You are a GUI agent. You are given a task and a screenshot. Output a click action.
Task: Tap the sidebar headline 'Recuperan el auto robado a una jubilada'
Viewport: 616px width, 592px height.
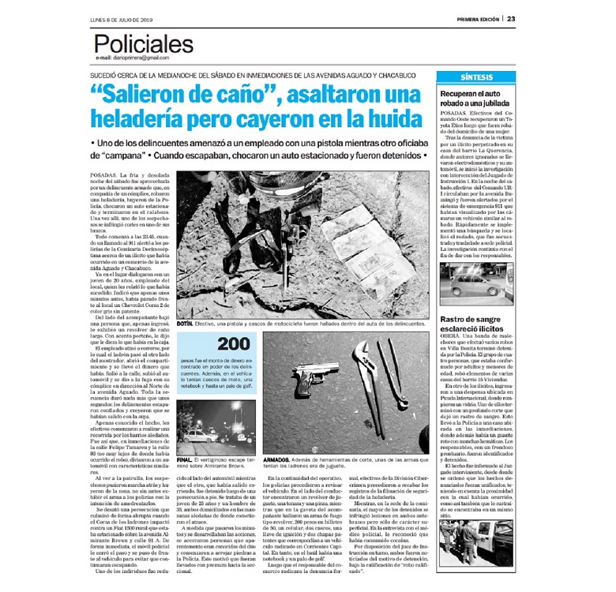[x=473, y=99]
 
